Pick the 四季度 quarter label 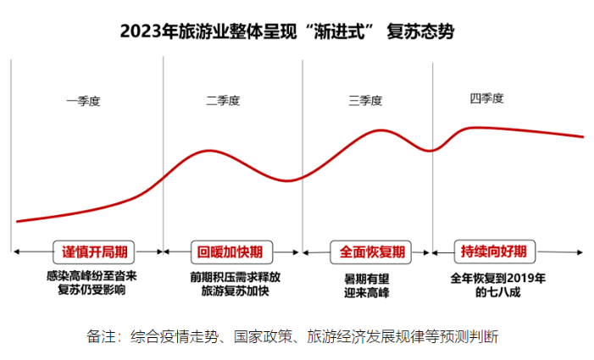tap(487, 98)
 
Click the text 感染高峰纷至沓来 tap(91, 276)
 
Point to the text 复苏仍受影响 tap(91, 291)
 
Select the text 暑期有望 tap(367, 277)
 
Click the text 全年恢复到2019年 tap(498, 277)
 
